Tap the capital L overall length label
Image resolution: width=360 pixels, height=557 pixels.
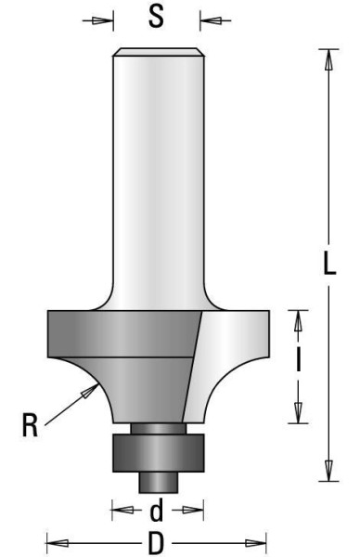pyautogui.click(x=329, y=265)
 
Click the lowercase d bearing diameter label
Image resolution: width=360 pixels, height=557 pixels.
pyautogui.click(x=157, y=510)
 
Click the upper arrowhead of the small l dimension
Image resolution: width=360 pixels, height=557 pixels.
pyautogui.click(x=298, y=319)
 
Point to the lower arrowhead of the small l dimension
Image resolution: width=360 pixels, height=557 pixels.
pyautogui.click(x=298, y=417)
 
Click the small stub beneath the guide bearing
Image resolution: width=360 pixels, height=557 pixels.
pyautogui.click(x=157, y=480)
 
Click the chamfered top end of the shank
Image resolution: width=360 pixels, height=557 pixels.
pyautogui.click(x=157, y=52)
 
